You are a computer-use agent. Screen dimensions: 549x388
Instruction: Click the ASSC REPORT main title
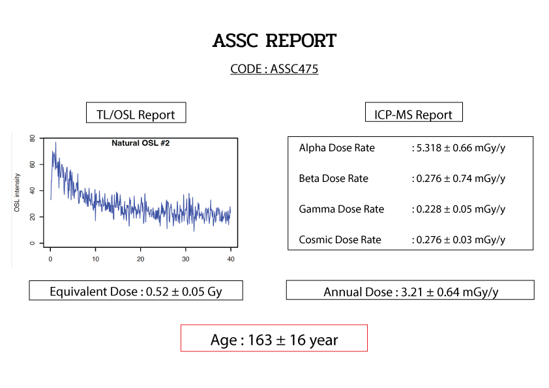pos(274,40)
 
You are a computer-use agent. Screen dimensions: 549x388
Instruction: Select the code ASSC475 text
pos(294,69)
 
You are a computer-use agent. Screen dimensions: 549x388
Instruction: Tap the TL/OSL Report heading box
pos(136,113)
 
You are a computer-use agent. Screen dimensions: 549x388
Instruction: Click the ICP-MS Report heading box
pos(414,112)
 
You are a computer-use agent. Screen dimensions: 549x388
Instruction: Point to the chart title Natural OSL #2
pos(140,143)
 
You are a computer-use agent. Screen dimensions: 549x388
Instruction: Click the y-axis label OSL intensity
pos(17,192)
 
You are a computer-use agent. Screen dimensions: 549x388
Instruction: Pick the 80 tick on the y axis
pos(32,138)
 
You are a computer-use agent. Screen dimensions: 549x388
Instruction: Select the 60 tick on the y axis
pos(32,164)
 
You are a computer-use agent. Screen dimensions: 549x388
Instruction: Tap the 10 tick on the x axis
pos(96,259)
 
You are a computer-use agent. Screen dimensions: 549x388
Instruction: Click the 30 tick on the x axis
pos(186,259)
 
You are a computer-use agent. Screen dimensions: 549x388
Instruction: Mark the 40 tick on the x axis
pos(231,259)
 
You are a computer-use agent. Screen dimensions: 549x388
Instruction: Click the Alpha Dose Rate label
pos(337,148)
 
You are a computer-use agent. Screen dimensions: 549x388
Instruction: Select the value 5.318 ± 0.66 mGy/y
pos(461,148)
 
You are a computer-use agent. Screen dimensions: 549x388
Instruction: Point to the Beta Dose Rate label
pos(334,179)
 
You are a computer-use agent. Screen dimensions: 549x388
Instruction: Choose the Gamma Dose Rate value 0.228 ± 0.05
pos(444,209)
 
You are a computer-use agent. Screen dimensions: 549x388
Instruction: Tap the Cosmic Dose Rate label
pos(340,240)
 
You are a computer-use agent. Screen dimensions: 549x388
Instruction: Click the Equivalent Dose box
pos(136,290)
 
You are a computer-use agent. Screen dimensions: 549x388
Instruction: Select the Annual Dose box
pos(410,290)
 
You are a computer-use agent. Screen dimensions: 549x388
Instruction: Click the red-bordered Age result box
pos(274,338)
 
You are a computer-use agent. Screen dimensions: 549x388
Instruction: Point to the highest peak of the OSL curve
pos(55,143)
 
